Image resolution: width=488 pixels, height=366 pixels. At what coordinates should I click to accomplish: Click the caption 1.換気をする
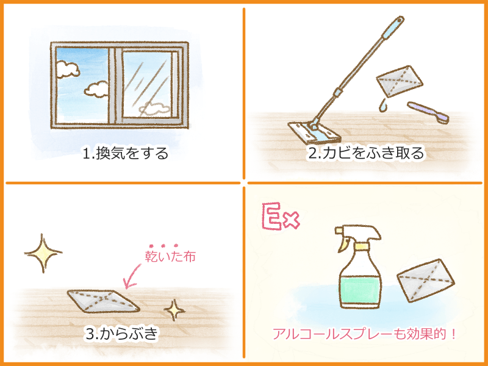pos(126,153)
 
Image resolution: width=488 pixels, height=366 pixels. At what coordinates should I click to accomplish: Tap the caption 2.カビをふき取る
pos(367,153)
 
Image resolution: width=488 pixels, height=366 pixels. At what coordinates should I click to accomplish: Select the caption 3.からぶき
pos(122,333)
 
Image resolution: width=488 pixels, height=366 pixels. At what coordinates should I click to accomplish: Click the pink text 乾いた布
pos(170,256)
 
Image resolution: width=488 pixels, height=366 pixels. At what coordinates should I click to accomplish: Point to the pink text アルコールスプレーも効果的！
pos(364,334)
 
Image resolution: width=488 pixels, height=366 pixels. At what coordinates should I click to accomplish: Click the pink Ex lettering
pos(281,217)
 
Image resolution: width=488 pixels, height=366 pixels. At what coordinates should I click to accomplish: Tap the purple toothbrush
pos(428,112)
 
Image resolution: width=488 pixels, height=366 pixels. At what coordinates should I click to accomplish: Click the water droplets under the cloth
pos(383,105)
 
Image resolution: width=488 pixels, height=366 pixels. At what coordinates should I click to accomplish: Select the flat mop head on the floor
pos(314,132)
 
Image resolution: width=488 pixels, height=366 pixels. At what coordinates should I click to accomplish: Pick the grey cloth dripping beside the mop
pos(400,81)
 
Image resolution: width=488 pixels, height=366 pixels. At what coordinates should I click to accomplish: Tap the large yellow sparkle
pos(43,253)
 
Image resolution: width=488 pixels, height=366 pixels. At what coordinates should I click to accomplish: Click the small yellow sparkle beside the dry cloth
pos(174,310)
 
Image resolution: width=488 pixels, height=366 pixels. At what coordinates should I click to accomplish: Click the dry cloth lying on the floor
pos(103,301)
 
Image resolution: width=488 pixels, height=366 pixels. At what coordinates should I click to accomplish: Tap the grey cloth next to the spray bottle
pos(426,281)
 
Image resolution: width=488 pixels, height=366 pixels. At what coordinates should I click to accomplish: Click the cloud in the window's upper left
pos(68,69)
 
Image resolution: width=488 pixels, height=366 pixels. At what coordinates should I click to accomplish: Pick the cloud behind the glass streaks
pos(155,109)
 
